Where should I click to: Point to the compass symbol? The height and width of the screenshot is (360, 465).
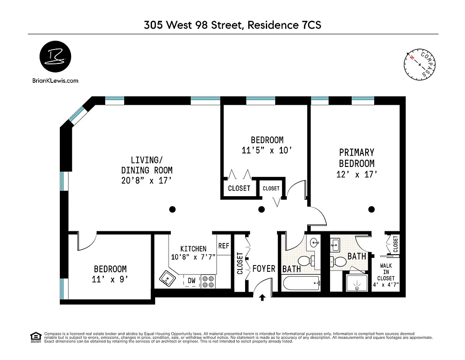pos(420,65)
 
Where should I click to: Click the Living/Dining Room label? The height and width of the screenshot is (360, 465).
pos(147,165)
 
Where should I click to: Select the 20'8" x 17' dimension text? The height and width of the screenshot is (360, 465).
pos(147,180)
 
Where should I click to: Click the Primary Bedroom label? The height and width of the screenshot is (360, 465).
pos(357,158)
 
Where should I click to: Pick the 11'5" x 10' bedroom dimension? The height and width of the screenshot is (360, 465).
pos(267,151)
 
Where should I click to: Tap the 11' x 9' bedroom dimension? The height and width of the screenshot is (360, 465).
pos(110,279)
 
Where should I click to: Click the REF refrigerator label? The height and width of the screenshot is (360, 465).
pos(224,246)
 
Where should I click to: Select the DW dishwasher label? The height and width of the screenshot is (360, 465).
pos(192,280)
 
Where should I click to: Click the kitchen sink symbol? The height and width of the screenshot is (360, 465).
pos(167,279)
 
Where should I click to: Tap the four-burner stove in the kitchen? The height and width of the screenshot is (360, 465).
pos(208,281)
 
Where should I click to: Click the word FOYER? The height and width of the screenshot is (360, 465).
pos(264,269)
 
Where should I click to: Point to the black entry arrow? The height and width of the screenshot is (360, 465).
pos(263,297)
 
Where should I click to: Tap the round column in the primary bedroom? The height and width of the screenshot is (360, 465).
pos(371,209)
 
